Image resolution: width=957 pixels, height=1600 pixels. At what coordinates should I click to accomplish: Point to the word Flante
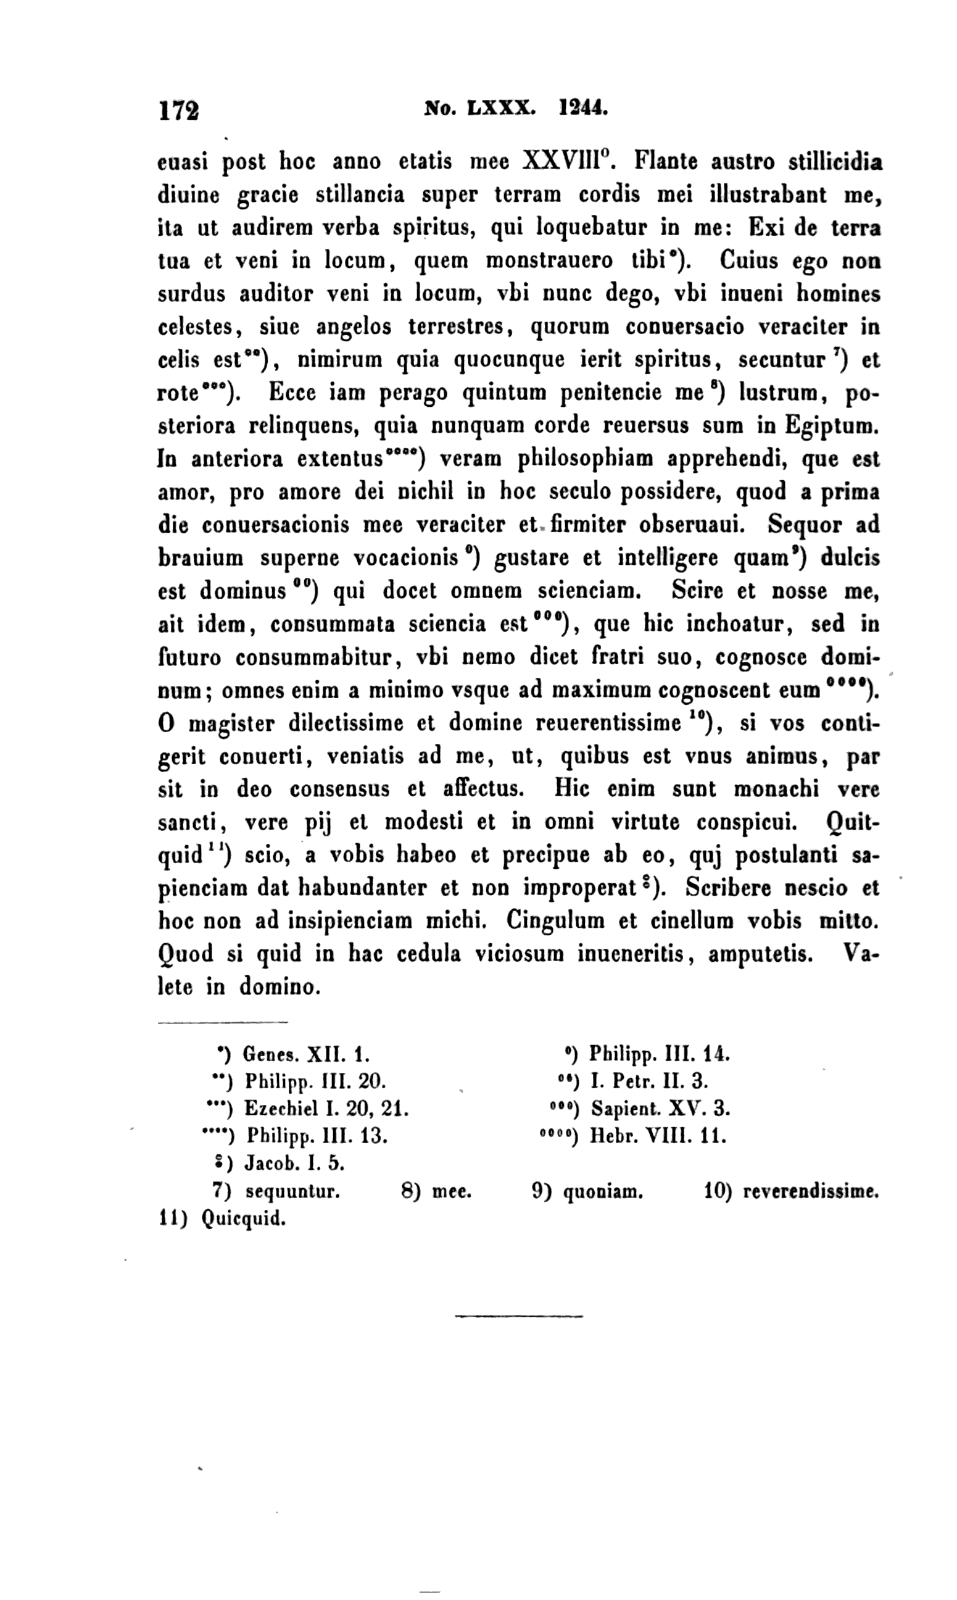665,160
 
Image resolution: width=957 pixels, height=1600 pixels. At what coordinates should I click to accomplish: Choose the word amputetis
760,954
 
